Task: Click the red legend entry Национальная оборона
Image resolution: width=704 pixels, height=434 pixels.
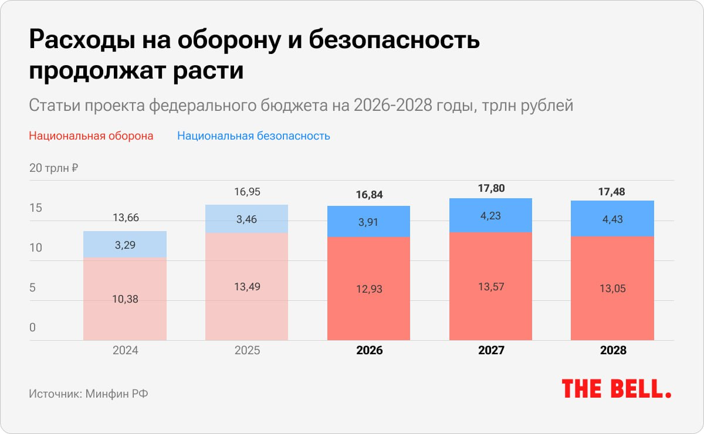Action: tap(91, 136)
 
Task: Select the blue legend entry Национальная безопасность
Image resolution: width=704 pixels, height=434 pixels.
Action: tap(253, 136)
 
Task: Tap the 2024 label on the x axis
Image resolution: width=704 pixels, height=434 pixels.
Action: tap(125, 351)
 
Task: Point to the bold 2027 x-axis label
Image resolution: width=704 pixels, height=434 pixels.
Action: tap(491, 351)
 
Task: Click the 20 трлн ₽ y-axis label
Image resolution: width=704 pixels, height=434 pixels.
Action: tap(54, 168)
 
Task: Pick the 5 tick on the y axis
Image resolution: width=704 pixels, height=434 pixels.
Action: tap(33, 288)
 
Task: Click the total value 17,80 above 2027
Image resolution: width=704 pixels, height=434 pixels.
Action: tap(491, 189)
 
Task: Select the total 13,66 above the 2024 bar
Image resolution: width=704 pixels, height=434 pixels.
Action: tap(125, 218)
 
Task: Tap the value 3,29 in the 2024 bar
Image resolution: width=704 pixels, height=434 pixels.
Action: tap(125, 245)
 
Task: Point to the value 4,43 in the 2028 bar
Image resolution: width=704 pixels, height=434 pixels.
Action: tap(612, 220)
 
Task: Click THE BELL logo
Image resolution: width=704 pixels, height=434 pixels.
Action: tap(616, 389)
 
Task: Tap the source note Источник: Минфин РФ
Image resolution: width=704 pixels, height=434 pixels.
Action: tap(89, 394)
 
